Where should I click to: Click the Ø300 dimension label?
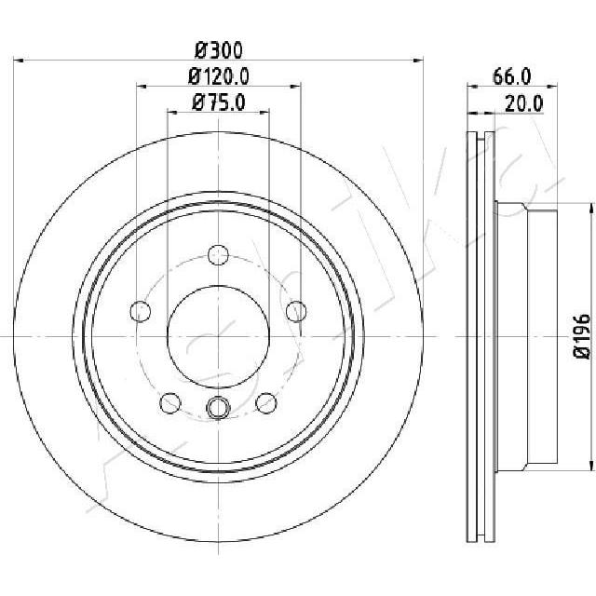(219, 50)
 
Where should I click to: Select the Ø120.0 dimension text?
(219, 76)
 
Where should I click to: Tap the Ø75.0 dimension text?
(219, 102)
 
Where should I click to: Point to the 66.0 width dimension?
(512, 76)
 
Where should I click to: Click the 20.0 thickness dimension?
(524, 103)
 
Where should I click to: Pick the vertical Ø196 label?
(582, 336)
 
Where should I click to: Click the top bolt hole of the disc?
(219, 254)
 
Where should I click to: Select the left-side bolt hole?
(141, 311)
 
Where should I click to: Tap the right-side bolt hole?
(296, 311)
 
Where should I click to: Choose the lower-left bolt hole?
(170, 403)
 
